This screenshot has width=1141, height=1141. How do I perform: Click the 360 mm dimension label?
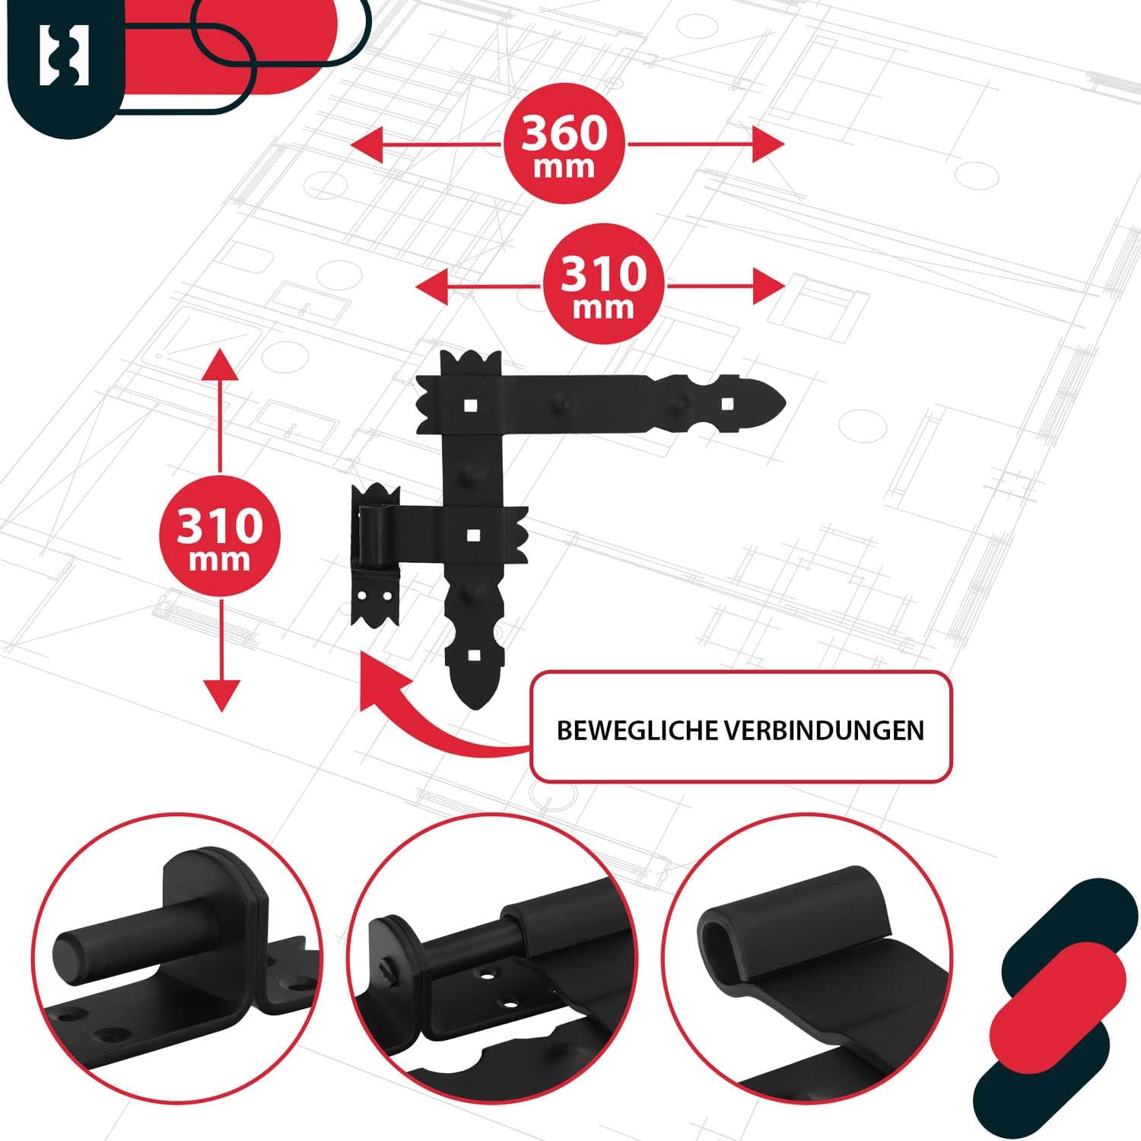564,145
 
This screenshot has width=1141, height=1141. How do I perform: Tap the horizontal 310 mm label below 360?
604,285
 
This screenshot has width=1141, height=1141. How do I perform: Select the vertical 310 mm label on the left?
220,537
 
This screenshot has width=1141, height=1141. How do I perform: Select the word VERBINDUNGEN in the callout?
824,730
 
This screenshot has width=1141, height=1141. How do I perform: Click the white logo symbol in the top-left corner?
65,55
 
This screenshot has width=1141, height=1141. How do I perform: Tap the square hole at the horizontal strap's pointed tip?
727,403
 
